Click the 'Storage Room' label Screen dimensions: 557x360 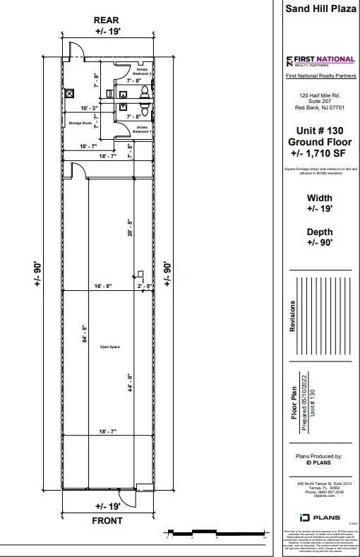point(80,123)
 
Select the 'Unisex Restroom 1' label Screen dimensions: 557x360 point(143,130)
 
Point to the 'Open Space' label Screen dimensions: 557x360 point(109,347)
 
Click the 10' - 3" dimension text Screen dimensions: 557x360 point(89,108)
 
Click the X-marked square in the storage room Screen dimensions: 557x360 point(69,92)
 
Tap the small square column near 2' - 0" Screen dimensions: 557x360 point(141,274)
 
